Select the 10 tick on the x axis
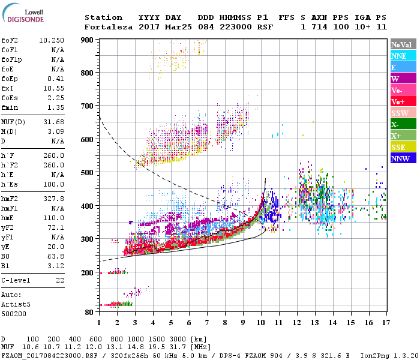click(x=260, y=322)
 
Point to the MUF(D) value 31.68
click(x=55, y=122)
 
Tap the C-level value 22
click(x=60, y=280)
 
